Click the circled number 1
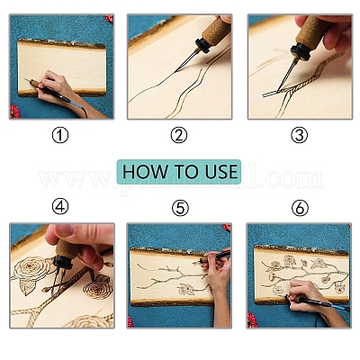click(60, 135)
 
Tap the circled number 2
click(179, 135)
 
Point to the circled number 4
click(60, 207)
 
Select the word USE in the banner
click(218, 171)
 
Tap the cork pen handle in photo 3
click(310, 31)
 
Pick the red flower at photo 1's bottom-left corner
click(14, 112)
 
